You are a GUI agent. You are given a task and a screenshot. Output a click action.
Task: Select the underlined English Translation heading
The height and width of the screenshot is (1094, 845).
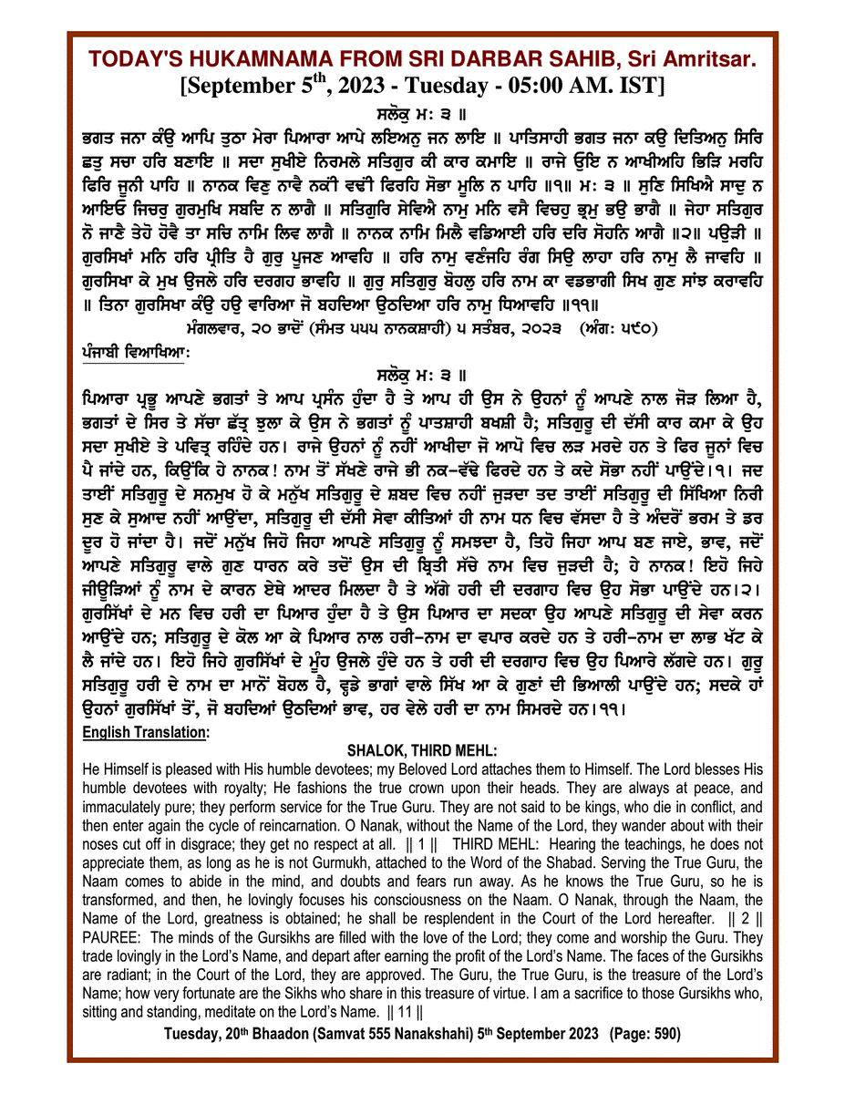click(x=145, y=732)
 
